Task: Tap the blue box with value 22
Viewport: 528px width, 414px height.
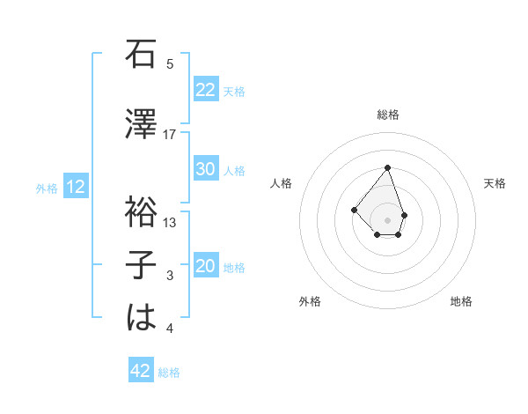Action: [206, 90]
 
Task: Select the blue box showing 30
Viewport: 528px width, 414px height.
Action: [206, 169]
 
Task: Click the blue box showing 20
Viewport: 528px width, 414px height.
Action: [206, 267]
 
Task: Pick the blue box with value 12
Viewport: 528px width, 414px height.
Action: [76, 187]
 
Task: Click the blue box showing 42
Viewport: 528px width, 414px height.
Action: [141, 371]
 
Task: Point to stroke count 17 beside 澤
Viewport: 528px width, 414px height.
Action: [170, 134]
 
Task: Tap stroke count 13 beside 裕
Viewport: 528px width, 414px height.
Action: [170, 223]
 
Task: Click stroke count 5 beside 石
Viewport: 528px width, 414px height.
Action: [170, 63]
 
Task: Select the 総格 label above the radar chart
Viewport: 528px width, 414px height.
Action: [388, 115]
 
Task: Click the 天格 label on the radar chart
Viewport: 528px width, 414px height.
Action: [495, 183]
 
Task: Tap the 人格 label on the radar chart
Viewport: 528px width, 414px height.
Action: [282, 183]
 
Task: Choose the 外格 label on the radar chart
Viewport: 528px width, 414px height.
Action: [310, 301]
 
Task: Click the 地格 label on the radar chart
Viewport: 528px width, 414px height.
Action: [461, 301]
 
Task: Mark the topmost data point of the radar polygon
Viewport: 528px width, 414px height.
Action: [387, 167]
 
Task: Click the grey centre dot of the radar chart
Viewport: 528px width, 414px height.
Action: [387, 220]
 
